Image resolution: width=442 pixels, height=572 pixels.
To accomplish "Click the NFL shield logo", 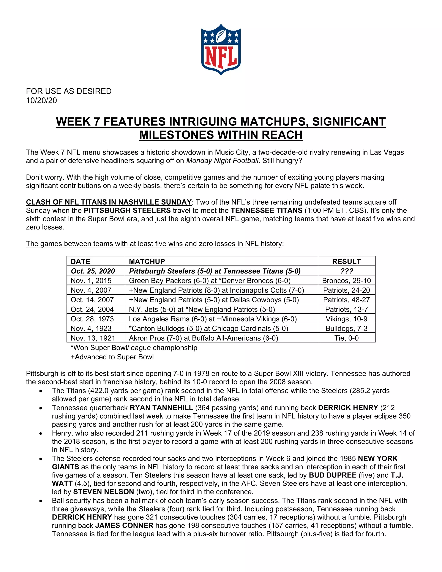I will click(221, 49).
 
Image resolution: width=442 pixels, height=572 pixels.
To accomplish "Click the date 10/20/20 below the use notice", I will click(41, 101).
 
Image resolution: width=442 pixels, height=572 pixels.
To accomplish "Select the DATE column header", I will click(80, 261).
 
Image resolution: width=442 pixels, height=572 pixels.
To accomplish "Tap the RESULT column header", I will click(346, 261).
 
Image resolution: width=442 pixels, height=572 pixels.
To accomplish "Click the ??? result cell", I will click(346, 271).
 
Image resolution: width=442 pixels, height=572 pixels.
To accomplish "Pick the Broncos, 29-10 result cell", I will click(346, 281).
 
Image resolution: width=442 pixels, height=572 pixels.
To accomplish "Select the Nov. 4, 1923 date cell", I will click(91, 329).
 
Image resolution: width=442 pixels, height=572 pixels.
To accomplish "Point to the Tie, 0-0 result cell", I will click(346, 338).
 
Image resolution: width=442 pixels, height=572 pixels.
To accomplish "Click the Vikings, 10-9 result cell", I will click(346, 319).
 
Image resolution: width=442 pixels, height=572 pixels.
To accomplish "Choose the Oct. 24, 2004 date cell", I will click(92, 309).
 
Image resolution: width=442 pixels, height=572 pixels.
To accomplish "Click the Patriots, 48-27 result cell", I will click(346, 300).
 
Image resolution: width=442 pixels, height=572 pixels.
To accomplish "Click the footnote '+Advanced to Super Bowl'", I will click(112, 357).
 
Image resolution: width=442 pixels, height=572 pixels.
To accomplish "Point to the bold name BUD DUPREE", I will click(333, 475).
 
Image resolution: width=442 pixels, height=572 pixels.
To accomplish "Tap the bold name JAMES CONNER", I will click(124, 526).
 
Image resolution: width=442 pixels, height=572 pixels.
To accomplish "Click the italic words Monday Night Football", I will click(222, 161).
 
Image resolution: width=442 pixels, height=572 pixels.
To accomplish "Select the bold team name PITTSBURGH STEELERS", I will click(127, 211).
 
